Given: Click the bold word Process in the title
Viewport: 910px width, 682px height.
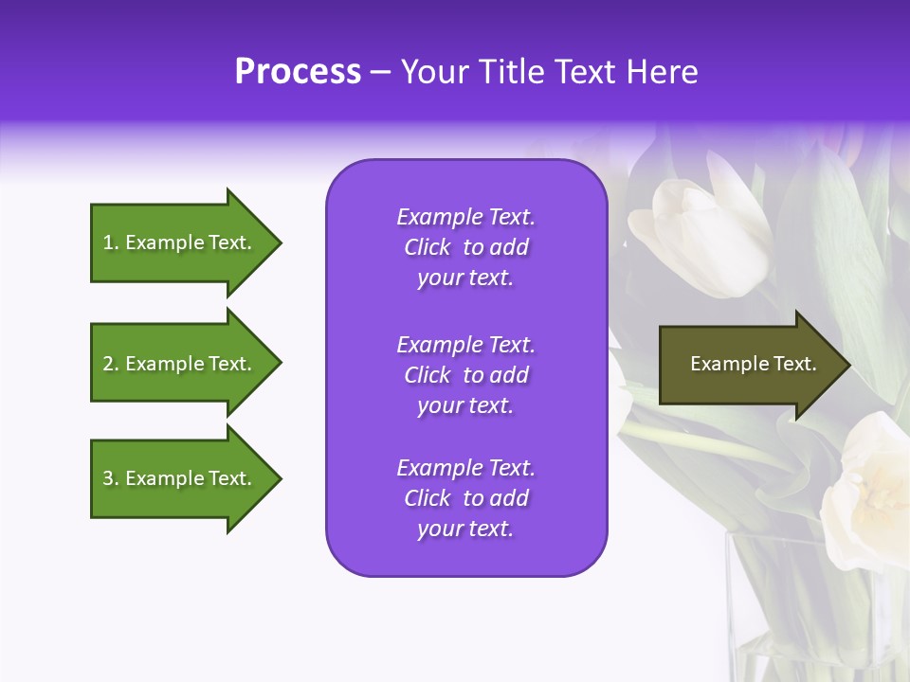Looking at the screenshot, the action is (298, 72).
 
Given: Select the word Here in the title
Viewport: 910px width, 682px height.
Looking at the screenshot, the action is (662, 72).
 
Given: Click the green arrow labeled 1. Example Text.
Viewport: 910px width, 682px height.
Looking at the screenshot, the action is (186, 242).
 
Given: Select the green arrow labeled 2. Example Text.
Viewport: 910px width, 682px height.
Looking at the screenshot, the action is (186, 363).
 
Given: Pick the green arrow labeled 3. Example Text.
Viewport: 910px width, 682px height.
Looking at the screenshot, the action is (186, 478).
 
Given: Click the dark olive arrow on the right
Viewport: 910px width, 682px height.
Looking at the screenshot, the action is (755, 365).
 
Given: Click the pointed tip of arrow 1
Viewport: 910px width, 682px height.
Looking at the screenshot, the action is (282, 243).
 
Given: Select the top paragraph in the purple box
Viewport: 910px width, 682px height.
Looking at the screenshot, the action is (466, 247).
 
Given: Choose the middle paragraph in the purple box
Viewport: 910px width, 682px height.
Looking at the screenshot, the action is (466, 375).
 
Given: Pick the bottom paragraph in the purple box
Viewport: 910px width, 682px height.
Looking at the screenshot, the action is (466, 498).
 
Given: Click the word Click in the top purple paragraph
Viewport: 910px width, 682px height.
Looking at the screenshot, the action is (428, 247).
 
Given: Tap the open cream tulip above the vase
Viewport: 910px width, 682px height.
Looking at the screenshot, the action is (865, 493).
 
